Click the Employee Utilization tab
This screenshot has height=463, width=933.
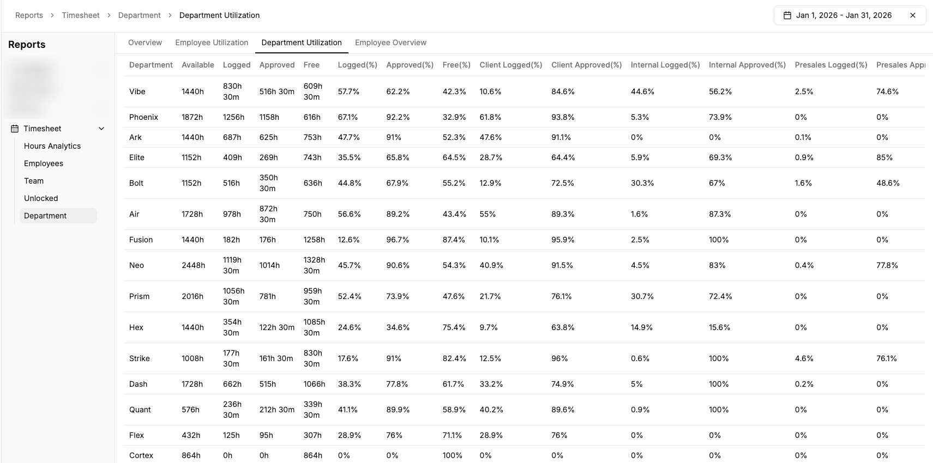point(212,42)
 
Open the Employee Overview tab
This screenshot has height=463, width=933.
point(390,42)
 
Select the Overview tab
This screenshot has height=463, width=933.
point(145,42)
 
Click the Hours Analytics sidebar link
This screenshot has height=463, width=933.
point(52,146)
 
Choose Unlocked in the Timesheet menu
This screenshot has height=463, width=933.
point(41,198)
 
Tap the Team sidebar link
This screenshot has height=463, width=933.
point(34,181)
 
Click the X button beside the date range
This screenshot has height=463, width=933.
point(912,15)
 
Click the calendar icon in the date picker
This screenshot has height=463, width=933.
point(787,15)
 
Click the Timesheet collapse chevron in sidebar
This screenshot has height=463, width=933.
point(101,129)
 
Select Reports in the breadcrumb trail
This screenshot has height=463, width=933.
point(29,15)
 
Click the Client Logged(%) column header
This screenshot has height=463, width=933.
point(510,65)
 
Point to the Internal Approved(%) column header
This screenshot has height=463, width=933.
point(747,65)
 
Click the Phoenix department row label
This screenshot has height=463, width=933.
point(143,117)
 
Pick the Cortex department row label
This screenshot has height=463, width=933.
point(141,455)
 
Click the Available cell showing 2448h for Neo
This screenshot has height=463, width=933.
point(194,265)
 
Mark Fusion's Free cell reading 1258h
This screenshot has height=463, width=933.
point(314,240)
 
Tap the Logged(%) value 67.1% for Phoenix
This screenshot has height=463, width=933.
point(348,117)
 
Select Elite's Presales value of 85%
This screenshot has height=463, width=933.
point(884,157)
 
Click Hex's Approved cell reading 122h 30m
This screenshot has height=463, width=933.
point(277,327)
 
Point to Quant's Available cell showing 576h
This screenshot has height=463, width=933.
point(191,410)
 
